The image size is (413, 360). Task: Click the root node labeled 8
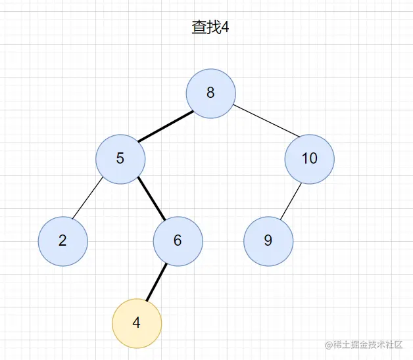point(210,93)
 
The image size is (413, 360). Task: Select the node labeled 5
point(120,158)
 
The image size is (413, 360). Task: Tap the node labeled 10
point(310,158)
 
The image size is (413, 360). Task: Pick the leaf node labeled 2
point(62,240)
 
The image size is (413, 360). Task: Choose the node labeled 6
point(178,240)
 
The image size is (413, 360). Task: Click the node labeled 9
point(268,240)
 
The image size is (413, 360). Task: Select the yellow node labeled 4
point(136,323)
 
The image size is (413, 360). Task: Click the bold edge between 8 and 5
point(166,125)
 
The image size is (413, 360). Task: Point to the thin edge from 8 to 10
point(266,120)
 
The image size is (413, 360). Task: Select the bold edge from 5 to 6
point(151,199)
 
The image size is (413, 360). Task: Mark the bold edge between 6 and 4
point(156,283)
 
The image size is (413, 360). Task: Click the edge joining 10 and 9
point(290,201)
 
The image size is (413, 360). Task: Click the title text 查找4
point(210,29)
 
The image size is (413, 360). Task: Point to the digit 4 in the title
point(225,29)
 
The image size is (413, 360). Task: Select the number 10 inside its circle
point(310,158)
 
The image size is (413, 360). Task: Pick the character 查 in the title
point(199,29)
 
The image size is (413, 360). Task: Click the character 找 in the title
point(213,29)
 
